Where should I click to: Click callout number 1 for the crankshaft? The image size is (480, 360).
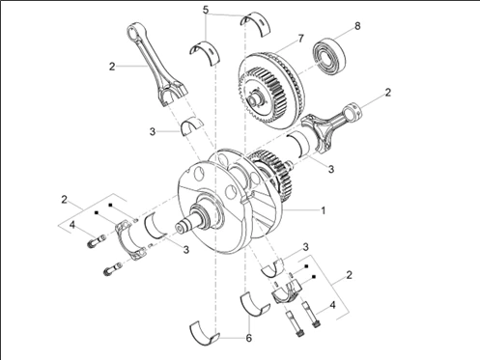pos(324,210)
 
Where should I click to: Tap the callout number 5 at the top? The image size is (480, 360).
pos(206,10)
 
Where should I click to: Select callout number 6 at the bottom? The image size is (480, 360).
pos(248,338)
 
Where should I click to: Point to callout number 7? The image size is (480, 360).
pos(300,39)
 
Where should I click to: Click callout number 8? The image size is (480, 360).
pos(357,26)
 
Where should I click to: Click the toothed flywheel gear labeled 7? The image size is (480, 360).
pos(271,91)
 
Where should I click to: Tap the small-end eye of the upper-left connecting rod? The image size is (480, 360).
pos(134,32)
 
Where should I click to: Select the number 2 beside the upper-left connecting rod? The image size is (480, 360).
pos(112,67)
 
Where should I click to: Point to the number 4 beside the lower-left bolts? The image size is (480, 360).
pos(72,225)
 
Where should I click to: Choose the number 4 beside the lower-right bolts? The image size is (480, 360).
pos(332,304)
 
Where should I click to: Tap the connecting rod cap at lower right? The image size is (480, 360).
pos(289,292)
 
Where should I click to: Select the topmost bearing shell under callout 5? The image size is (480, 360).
pos(256,22)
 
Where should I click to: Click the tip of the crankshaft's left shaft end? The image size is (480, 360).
pos(180,228)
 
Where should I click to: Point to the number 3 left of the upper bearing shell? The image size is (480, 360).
pos(153,131)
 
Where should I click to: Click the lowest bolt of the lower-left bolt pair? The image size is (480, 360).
pos(112,269)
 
